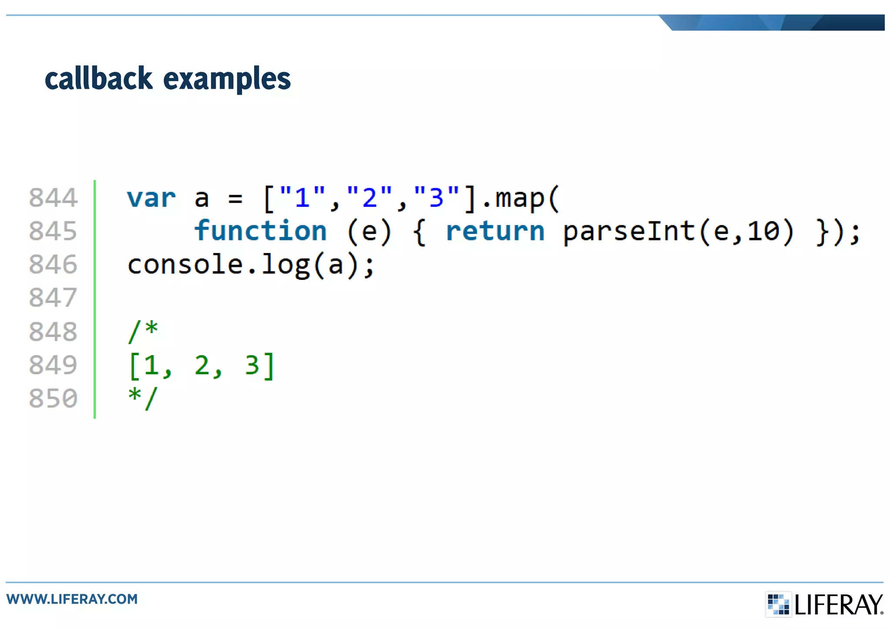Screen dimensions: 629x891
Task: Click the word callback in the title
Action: click(x=99, y=79)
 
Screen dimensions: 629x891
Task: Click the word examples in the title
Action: click(x=227, y=80)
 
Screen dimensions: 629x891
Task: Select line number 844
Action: click(x=53, y=198)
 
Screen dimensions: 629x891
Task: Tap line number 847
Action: click(x=53, y=298)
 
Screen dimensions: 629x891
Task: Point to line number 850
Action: click(x=53, y=398)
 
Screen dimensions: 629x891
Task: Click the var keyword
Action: click(x=151, y=198)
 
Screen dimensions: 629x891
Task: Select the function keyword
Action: click(x=260, y=231)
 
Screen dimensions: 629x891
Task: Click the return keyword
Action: click(x=495, y=231)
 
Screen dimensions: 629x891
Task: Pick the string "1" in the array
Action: click(x=302, y=197)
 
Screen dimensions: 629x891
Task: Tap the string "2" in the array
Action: click(x=369, y=197)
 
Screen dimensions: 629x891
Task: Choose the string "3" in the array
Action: click(x=436, y=197)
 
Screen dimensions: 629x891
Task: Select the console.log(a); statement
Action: click(x=251, y=265)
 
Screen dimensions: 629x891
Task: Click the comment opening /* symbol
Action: click(x=143, y=331)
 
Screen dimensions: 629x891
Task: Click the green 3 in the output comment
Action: click(x=252, y=365)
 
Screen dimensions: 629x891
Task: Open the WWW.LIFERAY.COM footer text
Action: click(x=72, y=599)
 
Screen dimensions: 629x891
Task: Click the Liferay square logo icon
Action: click(x=778, y=604)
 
